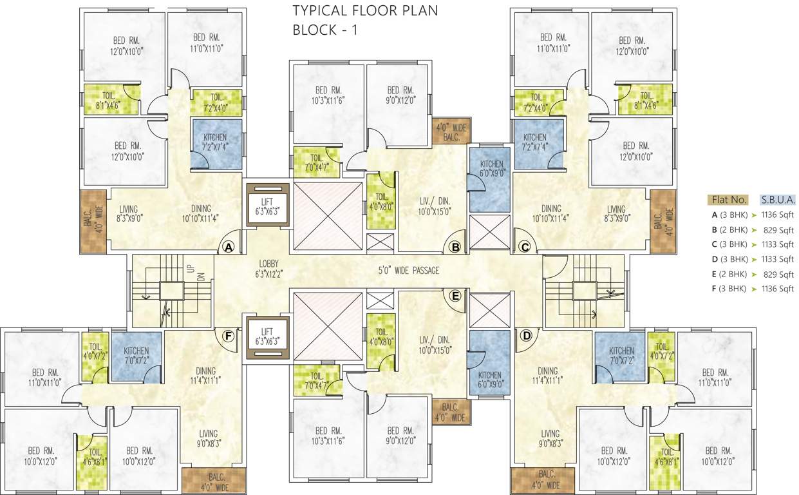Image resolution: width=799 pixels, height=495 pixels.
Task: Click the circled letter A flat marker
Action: [x=227, y=247]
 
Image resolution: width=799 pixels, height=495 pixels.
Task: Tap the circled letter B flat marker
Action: [x=455, y=247]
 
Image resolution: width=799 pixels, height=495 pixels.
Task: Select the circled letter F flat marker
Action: [x=227, y=335]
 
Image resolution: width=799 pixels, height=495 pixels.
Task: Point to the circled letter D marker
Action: [x=525, y=335]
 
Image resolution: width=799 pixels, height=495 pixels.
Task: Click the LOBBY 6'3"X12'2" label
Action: [x=268, y=269]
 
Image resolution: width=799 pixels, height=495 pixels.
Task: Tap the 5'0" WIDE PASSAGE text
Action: [x=408, y=271]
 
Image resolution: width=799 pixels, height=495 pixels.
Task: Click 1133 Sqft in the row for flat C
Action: [x=777, y=245]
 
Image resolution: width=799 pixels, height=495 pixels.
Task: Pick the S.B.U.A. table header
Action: [x=777, y=199]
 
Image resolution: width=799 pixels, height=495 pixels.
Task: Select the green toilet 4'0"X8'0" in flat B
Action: [x=380, y=202]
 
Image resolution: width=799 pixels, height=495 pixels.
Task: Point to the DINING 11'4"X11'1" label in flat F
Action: [x=205, y=375]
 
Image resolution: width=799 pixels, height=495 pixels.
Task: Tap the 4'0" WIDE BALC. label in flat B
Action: [x=450, y=132]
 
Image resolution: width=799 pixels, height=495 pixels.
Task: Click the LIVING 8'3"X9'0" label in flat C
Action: [x=616, y=213]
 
